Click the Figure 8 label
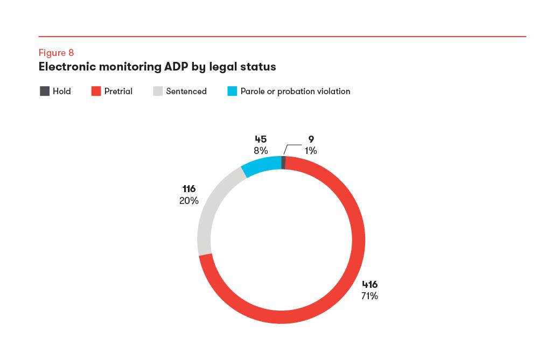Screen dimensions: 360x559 [56, 53]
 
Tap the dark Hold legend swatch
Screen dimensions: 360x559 [45, 91]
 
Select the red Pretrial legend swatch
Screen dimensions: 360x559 [96, 91]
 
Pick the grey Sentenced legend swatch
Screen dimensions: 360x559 [158, 91]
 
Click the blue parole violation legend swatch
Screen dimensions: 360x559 [232, 91]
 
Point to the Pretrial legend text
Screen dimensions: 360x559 [118, 91]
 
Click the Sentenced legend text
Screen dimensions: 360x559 [186, 91]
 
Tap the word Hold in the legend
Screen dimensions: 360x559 [61, 91]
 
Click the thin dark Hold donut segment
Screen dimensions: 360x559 [283, 163]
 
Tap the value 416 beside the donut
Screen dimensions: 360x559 [369, 285]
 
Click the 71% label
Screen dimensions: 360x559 [369, 296]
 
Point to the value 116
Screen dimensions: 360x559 [189, 189]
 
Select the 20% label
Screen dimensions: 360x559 [189, 201]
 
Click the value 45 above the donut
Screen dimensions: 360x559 [261, 140]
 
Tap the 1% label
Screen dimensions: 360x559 [311, 151]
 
